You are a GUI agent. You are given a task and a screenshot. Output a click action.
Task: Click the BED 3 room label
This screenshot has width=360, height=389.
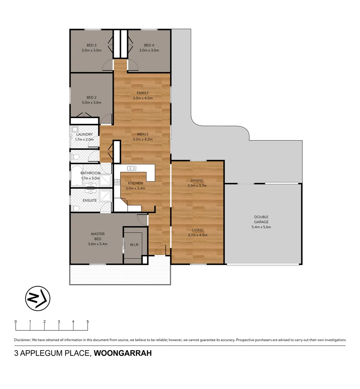(x=91, y=45)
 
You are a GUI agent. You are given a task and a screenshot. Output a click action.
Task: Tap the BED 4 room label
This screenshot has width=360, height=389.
(x=149, y=45)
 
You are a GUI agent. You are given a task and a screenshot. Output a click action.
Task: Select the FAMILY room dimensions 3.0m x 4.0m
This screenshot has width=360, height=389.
(x=143, y=98)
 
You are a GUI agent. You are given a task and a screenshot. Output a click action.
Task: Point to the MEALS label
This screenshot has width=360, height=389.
(x=143, y=134)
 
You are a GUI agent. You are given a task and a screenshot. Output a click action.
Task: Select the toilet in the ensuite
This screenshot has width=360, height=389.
(x=76, y=208)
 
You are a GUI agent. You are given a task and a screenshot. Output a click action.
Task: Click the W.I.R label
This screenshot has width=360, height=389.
(x=134, y=245)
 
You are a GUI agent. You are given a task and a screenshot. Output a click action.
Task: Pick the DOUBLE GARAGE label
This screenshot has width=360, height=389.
(x=261, y=219)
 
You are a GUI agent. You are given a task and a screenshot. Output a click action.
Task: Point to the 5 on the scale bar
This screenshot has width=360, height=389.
(x=87, y=321)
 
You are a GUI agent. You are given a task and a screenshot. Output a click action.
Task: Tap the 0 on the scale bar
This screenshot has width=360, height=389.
(x=15, y=321)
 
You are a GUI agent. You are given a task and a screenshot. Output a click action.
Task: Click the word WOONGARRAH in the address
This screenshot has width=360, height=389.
(x=123, y=353)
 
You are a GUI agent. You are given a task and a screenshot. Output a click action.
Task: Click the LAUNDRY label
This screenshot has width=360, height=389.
(x=84, y=134)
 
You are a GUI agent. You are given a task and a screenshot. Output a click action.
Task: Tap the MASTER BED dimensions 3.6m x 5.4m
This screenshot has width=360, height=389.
(x=98, y=244)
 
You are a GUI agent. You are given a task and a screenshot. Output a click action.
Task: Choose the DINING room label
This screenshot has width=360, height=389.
(x=197, y=181)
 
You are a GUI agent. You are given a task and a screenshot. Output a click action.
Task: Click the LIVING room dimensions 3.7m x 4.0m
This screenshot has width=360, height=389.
(x=197, y=235)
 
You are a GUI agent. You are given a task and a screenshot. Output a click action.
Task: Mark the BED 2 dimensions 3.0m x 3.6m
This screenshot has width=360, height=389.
(x=91, y=102)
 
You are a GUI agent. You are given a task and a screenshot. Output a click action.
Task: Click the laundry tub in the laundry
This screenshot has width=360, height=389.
(x=75, y=130)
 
